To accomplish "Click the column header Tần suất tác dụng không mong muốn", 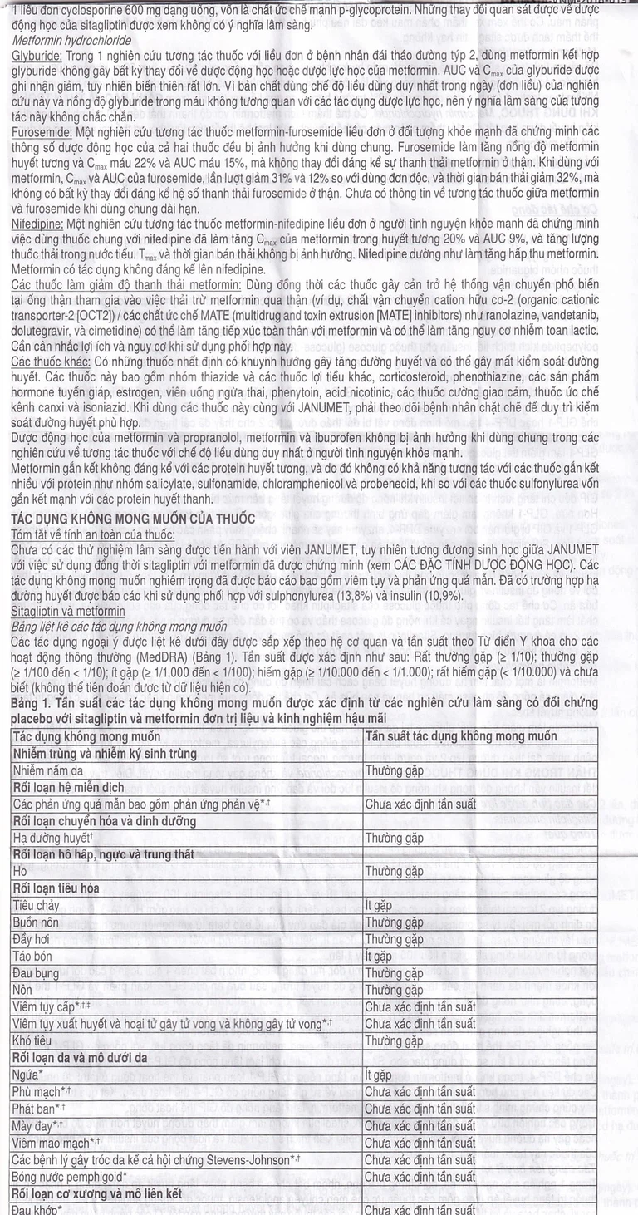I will click(461, 735).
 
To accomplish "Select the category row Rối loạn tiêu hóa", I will click(64, 888).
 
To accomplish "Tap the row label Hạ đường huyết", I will click(52, 838).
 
